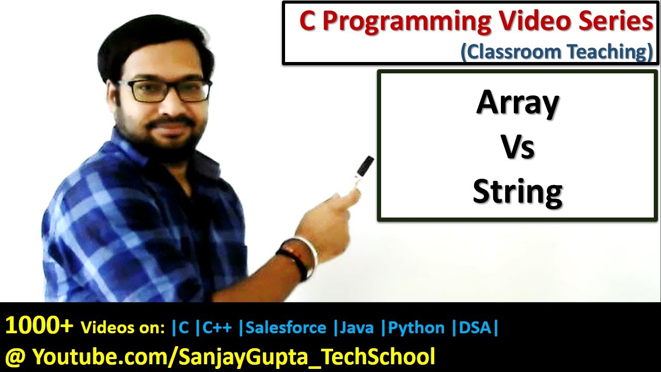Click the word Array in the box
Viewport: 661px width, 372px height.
click(517, 102)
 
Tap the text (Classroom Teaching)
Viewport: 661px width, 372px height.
click(556, 52)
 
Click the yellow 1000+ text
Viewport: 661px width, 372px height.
click(39, 327)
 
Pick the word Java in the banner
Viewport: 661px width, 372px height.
click(356, 328)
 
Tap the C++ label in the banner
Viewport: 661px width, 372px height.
click(217, 328)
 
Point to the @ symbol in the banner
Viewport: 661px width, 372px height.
click(15, 357)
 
